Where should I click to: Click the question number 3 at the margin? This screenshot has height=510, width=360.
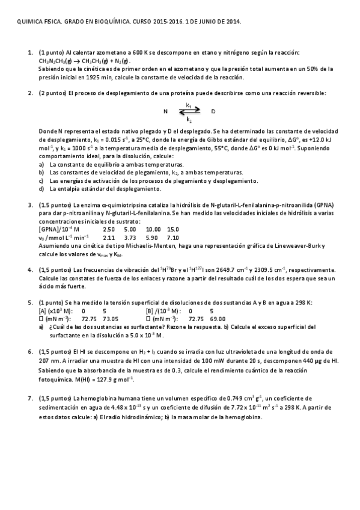[30, 205]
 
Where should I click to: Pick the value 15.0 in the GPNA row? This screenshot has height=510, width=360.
[173, 229]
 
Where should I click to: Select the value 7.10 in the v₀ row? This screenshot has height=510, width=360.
[172, 238]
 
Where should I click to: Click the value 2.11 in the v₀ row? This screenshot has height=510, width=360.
[109, 238]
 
